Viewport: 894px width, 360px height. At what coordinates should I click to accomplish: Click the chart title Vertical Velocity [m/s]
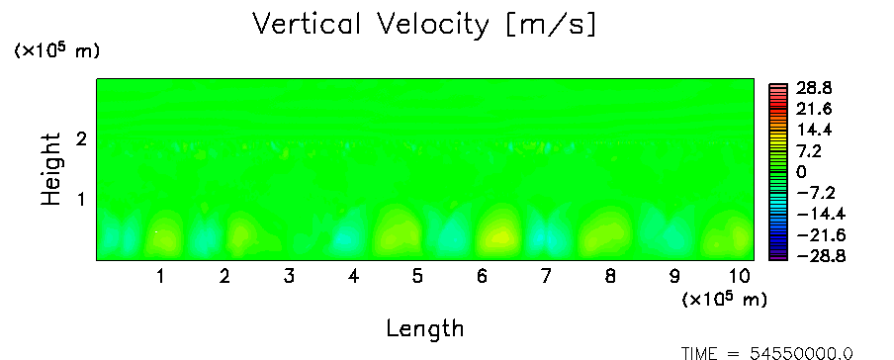[424, 25]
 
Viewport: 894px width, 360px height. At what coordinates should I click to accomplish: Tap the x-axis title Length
[425, 329]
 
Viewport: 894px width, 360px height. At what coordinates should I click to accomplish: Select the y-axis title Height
[50, 169]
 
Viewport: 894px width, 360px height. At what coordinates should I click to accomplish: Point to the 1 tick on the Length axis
[161, 277]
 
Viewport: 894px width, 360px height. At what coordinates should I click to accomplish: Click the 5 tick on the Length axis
[417, 277]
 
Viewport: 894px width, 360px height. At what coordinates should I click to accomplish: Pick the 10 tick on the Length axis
[740, 277]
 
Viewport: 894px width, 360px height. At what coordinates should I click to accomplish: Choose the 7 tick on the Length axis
[546, 277]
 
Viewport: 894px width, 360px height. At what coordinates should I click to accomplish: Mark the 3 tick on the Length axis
[289, 277]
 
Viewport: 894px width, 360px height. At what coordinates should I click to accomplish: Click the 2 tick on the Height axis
[81, 138]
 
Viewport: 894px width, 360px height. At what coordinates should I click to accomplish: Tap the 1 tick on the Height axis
[81, 200]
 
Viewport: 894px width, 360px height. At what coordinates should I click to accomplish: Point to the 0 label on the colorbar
[801, 172]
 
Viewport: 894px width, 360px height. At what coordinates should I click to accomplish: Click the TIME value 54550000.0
[801, 353]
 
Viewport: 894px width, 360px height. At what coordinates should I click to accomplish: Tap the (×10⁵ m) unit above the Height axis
[56, 50]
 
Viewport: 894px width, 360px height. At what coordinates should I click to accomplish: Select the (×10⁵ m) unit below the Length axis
[724, 299]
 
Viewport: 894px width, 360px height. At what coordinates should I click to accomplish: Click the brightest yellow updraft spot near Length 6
[500, 236]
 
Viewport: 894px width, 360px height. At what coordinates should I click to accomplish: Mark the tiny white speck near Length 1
[156, 231]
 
